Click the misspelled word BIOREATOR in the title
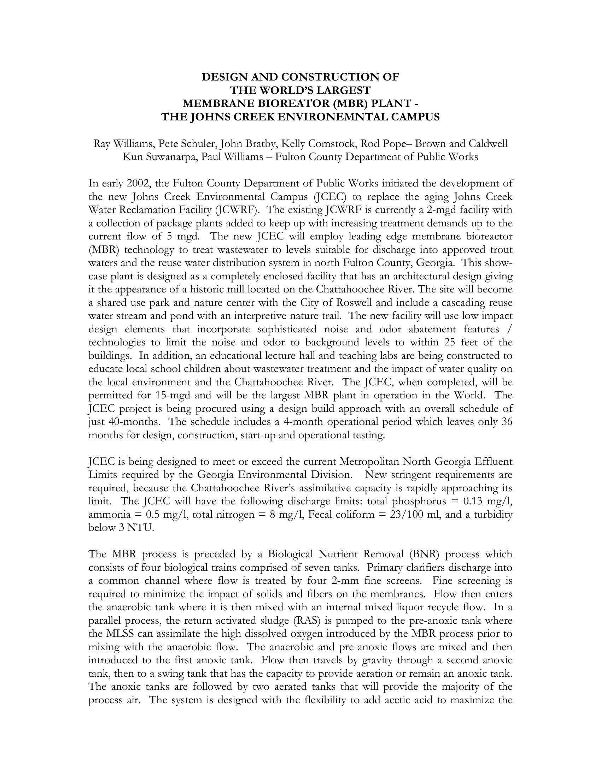pos(276,103)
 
